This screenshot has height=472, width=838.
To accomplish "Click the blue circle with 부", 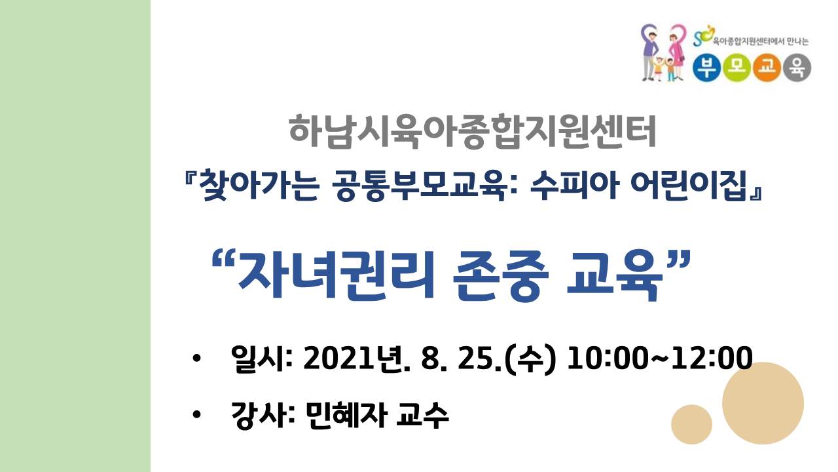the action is coord(706,68).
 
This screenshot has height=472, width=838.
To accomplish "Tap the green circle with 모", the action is coord(737,68).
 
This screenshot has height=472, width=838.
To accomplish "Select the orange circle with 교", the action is coord(767,68).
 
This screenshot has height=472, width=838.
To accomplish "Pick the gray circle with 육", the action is coord(797,68).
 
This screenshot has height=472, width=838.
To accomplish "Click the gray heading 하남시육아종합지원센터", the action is coord(473,132).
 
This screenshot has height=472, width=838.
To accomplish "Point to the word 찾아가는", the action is coord(259,186).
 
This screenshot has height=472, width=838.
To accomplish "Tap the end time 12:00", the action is coord(712,358).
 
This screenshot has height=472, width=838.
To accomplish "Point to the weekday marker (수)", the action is coord(530,359).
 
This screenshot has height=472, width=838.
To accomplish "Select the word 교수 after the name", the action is coord(422,415).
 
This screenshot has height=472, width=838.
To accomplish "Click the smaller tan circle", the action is coord(692,424).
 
